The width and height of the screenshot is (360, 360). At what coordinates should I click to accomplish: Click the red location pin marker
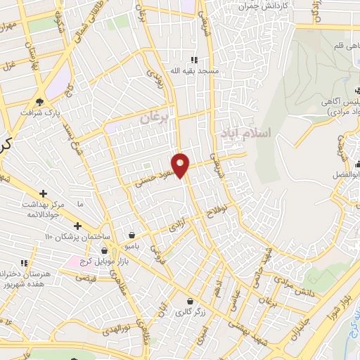(x=181, y=165)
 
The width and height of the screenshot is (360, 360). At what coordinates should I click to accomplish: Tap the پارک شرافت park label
(x=37, y=112)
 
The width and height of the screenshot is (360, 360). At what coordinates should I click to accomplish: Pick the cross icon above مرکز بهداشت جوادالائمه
(x=44, y=193)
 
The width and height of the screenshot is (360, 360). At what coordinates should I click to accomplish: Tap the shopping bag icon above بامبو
(x=132, y=236)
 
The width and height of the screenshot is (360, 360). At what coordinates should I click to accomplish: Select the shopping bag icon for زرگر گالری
(x=189, y=300)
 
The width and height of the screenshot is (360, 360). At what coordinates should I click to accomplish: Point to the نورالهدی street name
(x=117, y=329)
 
